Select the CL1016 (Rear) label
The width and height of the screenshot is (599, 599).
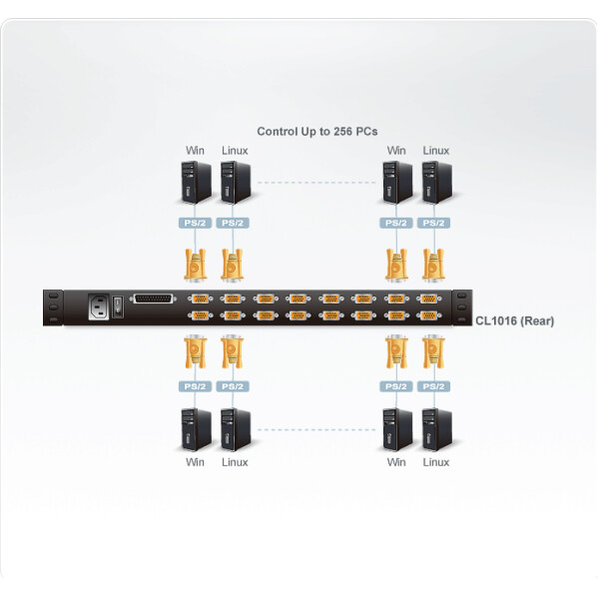coord(514,320)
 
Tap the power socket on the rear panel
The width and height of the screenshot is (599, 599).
coord(99,305)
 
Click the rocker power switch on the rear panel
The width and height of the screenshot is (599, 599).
coord(120,304)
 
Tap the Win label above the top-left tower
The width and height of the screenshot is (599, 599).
coord(195,151)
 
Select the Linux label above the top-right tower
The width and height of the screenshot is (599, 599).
coord(435,151)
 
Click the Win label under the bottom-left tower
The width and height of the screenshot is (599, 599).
coord(195,462)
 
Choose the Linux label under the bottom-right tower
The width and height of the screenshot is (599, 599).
coord(435,462)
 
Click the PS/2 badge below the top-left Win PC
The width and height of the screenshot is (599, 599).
coord(194,223)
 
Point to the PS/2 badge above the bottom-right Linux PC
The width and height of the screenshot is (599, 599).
coord(433,386)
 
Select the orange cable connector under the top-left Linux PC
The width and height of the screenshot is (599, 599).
coord(233,264)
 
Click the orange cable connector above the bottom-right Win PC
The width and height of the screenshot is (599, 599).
coord(394,351)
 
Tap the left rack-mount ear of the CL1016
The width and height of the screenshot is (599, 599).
coord(51,305)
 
